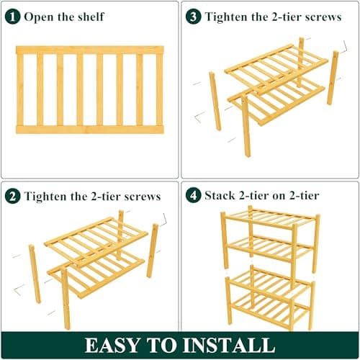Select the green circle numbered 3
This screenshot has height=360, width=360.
(x=194, y=16)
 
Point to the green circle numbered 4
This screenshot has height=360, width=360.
(x=194, y=195)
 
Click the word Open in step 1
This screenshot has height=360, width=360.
(x=40, y=17)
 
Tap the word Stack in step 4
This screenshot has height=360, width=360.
(x=220, y=195)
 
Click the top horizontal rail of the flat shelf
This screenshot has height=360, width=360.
(x=89, y=50)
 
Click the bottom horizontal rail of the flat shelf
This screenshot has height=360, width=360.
(x=89, y=130)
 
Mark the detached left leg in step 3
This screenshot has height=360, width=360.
(x=214, y=101)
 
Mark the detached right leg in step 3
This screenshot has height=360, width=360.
(x=333, y=78)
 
